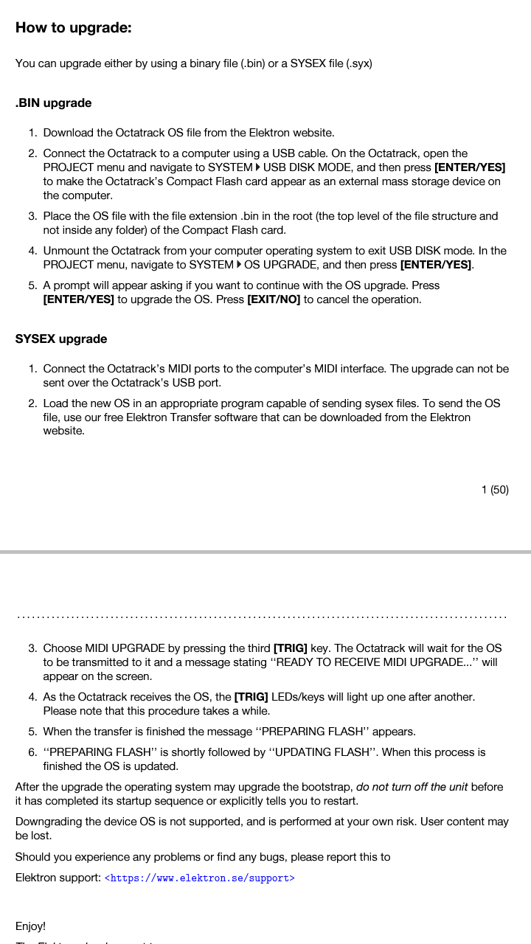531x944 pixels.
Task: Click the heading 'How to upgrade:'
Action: (73, 28)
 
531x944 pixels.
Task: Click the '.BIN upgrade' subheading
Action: (53, 103)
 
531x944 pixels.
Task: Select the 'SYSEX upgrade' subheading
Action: (61, 339)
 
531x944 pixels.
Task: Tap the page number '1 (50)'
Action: (494, 490)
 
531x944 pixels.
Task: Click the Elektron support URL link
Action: (199, 878)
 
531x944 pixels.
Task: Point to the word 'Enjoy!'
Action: (30, 926)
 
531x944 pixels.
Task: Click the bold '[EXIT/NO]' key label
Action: (273, 299)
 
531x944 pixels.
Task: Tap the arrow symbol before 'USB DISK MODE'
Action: (257, 167)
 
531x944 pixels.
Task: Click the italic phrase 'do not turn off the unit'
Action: (412, 787)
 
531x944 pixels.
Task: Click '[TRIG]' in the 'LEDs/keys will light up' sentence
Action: (251, 697)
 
